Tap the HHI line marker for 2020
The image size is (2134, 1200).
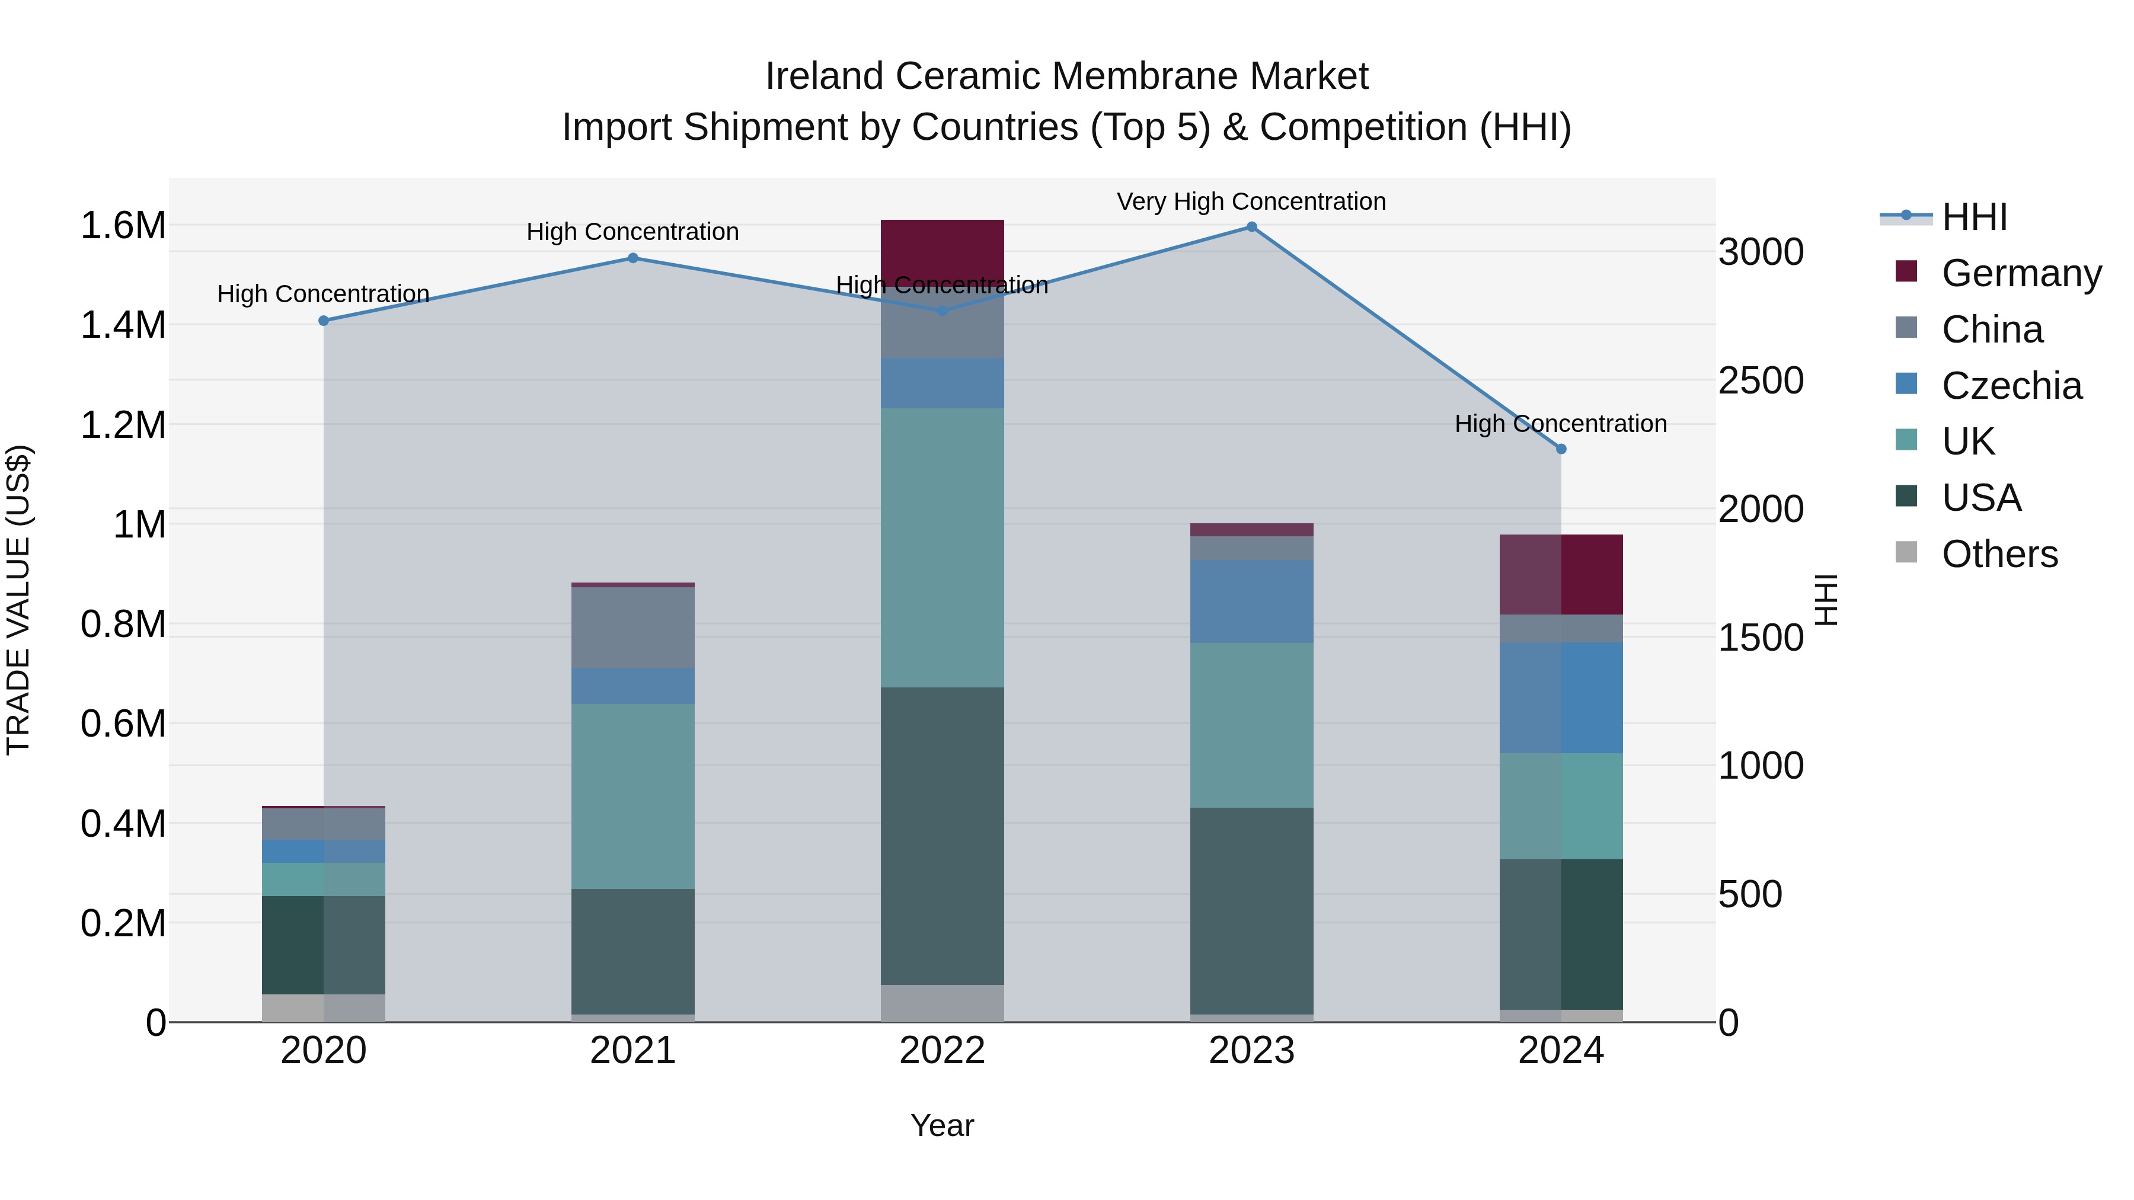pos(324,321)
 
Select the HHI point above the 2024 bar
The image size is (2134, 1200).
pos(1561,449)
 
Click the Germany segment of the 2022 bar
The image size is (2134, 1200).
pos(942,248)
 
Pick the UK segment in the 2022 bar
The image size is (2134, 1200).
pos(942,546)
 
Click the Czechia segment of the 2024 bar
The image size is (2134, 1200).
pos(1561,697)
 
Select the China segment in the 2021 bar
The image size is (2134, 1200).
pos(633,627)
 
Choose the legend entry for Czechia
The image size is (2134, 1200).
pos(2011,386)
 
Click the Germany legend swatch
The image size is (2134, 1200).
pos(1906,271)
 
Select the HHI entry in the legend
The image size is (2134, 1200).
pos(1974,217)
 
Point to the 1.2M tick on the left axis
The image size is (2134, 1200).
pos(123,425)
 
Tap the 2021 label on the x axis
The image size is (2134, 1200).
pos(633,1051)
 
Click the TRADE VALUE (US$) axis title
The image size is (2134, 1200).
pos(18,600)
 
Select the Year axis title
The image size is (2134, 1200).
pos(942,1125)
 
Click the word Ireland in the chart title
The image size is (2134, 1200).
pos(825,76)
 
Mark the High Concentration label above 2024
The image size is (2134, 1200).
pos(1561,423)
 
